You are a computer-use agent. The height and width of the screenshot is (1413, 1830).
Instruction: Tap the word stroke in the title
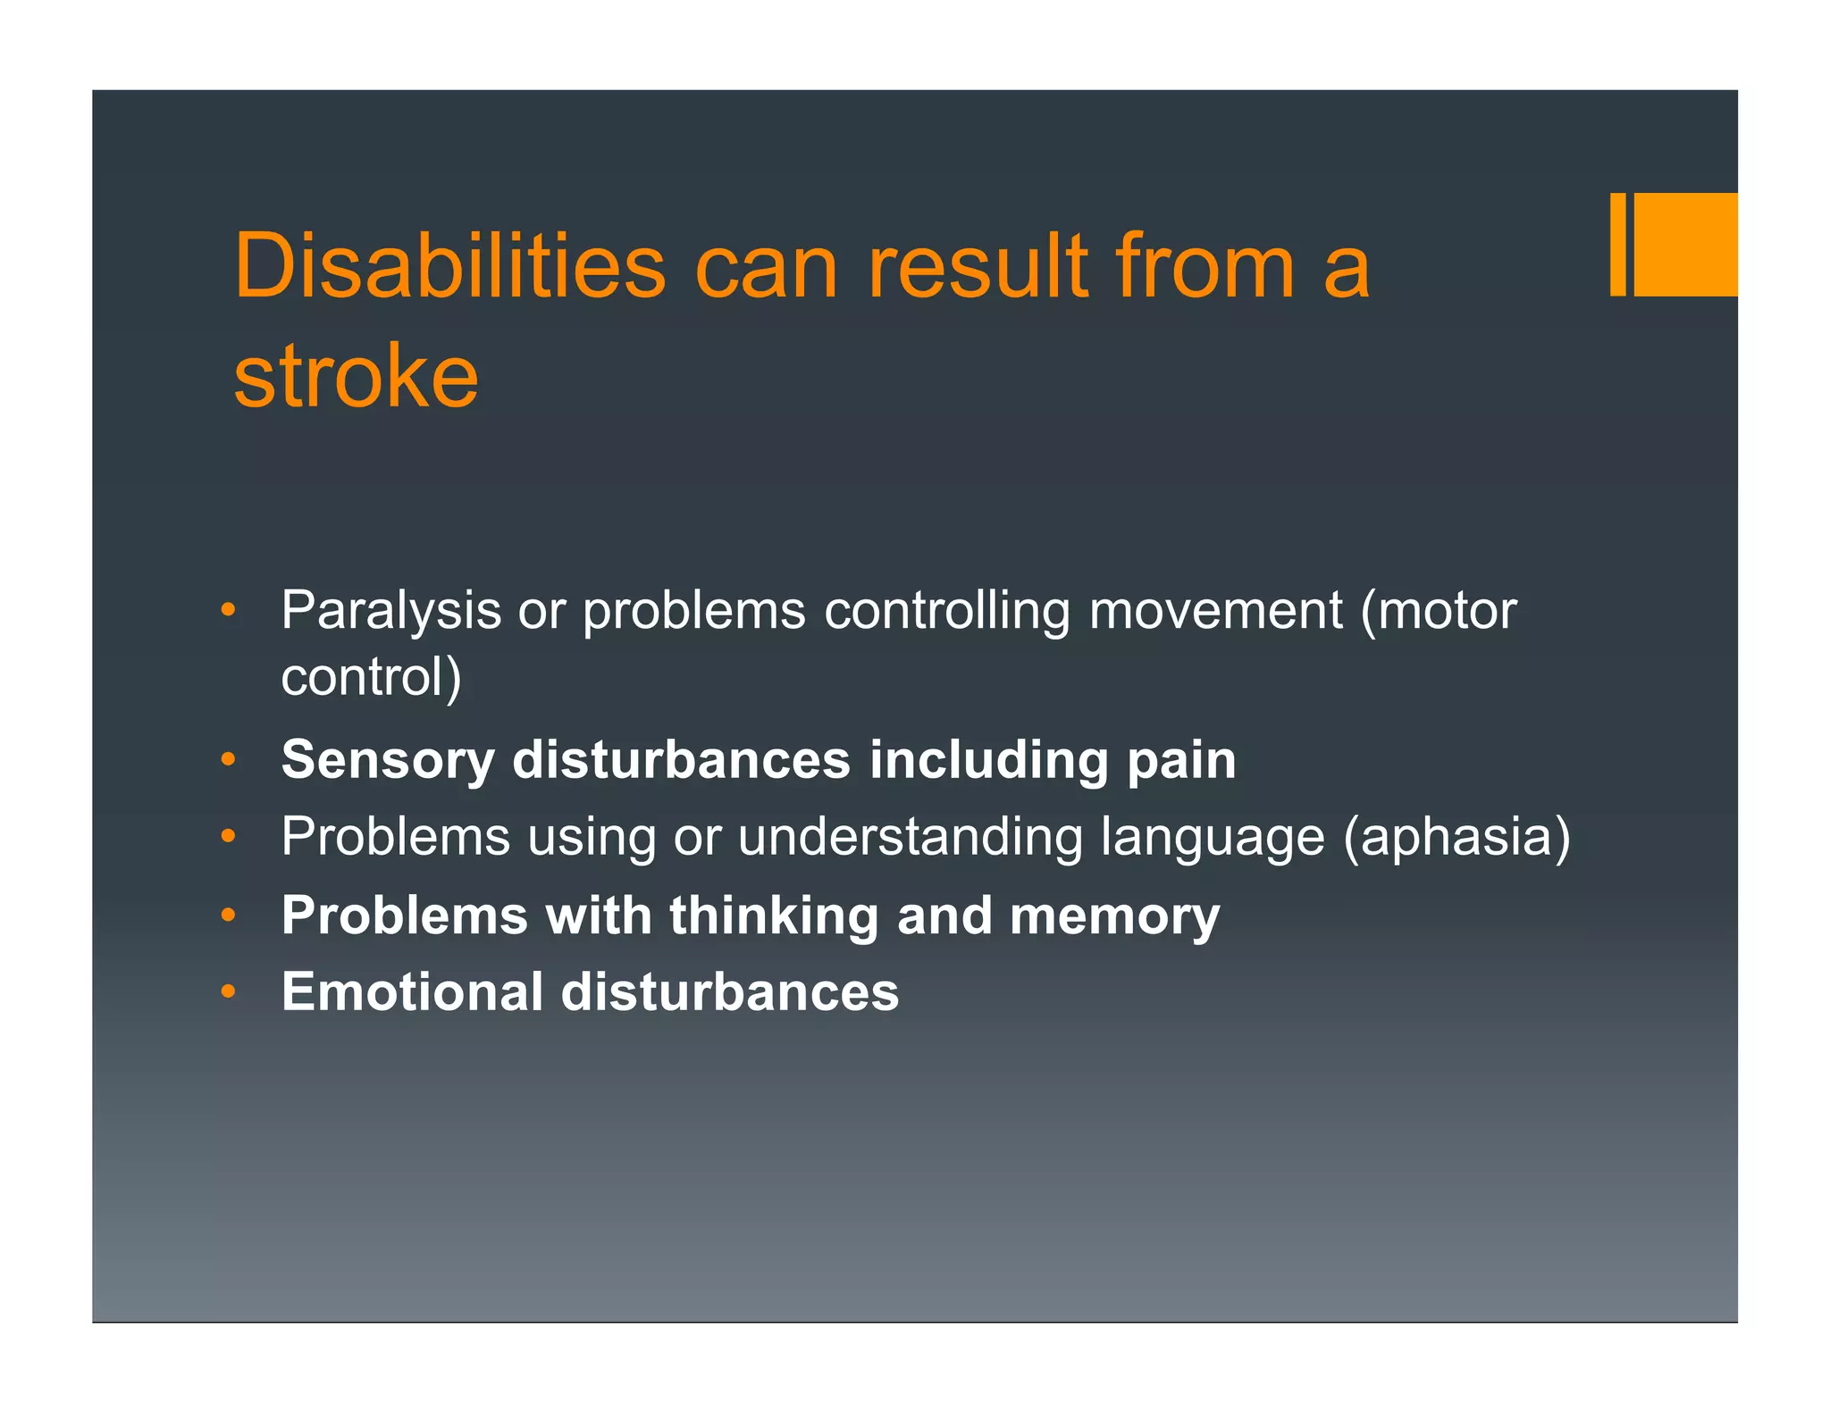(356, 376)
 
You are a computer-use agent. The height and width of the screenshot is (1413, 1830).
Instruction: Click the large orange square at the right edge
(1685, 244)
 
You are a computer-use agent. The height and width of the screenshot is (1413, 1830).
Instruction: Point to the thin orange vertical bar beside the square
(1617, 244)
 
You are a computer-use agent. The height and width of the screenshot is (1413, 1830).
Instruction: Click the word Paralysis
(390, 612)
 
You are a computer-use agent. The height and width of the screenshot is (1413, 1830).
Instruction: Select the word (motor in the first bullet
(1438, 612)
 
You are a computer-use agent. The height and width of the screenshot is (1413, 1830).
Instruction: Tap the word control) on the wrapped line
(371, 677)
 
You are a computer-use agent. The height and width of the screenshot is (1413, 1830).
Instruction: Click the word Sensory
(388, 760)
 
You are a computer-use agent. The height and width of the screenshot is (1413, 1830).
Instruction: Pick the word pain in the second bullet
(1181, 760)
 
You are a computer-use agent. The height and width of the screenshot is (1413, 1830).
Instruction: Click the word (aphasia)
(1456, 838)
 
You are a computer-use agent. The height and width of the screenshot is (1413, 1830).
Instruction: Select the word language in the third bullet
(1213, 838)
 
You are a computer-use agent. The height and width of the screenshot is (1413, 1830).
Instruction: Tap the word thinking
(774, 916)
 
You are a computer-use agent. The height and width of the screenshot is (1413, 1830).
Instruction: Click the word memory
(1114, 916)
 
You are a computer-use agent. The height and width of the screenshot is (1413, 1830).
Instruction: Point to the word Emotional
(412, 992)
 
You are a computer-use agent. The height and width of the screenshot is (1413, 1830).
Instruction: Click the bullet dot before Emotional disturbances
(229, 992)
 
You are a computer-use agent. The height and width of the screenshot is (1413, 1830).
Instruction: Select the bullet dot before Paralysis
(229, 612)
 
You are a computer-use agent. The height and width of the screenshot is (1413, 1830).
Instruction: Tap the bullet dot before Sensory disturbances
(229, 761)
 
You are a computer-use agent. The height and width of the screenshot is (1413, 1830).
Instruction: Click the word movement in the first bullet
(1215, 612)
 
